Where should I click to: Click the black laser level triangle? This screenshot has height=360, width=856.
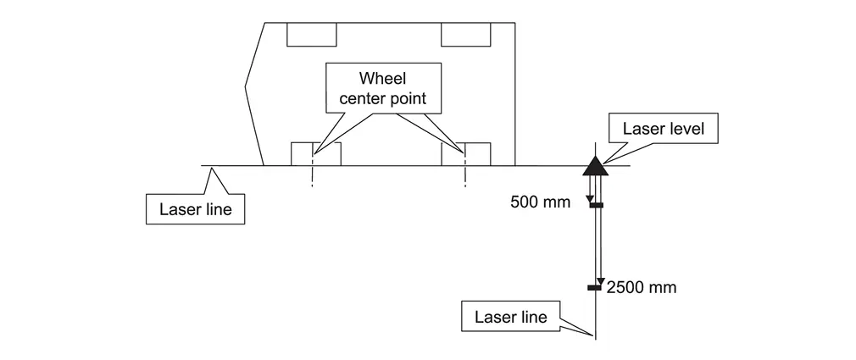click(x=595, y=162)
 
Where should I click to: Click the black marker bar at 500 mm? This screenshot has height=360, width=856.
click(x=596, y=204)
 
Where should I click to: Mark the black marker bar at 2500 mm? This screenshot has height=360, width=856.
click(x=596, y=288)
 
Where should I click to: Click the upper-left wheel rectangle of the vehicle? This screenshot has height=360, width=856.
click(x=311, y=34)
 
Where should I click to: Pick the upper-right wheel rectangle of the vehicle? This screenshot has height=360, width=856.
click(x=464, y=34)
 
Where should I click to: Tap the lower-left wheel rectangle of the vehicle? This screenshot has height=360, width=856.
click(x=315, y=154)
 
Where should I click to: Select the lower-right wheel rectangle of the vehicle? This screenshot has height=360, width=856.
click(x=465, y=154)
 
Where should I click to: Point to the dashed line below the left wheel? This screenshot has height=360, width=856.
click(x=312, y=175)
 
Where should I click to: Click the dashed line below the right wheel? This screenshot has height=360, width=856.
click(x=465, y=175)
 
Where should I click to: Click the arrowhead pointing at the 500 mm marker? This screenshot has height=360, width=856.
click(x=591, y=199)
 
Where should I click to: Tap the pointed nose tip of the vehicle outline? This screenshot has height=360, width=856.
click(x=245, y=84)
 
